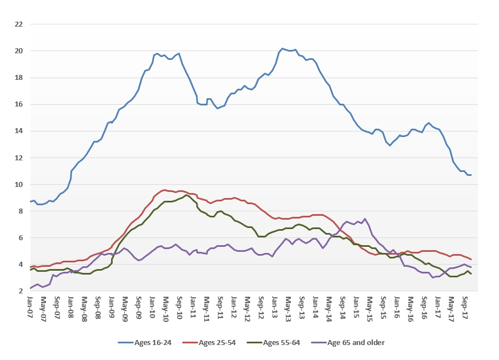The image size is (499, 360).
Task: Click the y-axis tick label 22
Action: [x=18, y=24]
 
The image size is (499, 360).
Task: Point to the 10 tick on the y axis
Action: [x=18, y=184]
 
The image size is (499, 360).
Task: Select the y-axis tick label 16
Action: [x=18, y=104]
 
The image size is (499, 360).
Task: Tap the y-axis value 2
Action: [x=20, y=291]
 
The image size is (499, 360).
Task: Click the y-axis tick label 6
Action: [x=20, y=237]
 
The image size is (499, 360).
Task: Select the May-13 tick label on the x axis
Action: [x=288, y=307]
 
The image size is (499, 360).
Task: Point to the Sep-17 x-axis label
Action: [x=465, y=307]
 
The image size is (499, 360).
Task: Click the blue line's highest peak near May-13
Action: [x=282, y=48]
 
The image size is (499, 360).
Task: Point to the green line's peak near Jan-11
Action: [x=187, y=195]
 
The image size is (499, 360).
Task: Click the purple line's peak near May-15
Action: [x=365, y=219]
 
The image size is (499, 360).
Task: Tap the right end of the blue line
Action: [x=471, y=175]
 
